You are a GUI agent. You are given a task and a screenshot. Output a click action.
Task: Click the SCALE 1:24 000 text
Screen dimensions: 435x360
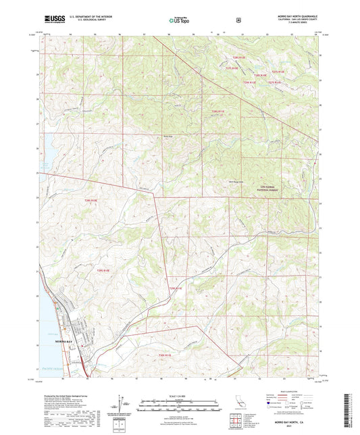(179, 395)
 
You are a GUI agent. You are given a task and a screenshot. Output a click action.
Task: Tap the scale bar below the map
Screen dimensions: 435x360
(179, 403)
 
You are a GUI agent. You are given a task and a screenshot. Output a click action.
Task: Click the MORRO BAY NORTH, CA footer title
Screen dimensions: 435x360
(297, 420)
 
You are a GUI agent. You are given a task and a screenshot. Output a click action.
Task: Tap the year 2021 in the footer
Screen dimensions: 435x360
(297, 426)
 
